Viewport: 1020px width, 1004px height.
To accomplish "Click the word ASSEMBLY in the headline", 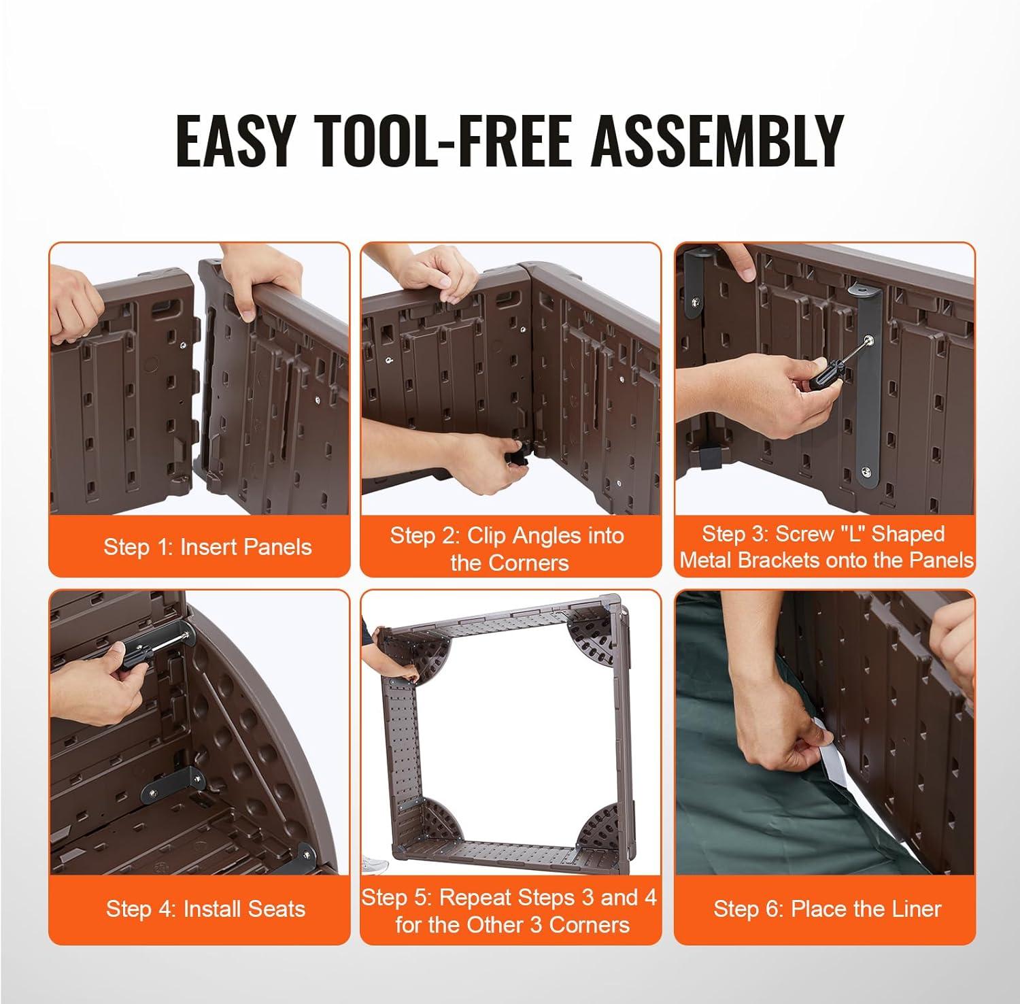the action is [717, 141].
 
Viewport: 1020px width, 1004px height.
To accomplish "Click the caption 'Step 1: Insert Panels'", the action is [207, 547].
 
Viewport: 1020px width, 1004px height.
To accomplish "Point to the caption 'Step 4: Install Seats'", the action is [205, 909].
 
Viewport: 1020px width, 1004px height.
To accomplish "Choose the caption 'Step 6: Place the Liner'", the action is [827, 909].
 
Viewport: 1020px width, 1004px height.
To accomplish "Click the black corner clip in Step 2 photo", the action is [521, 454].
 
